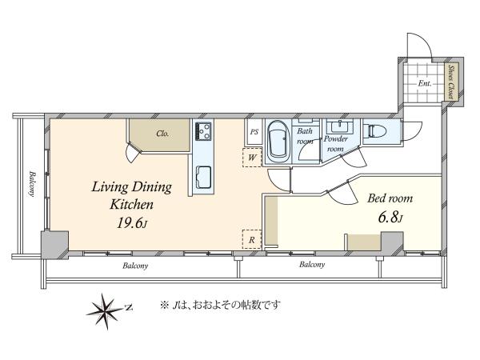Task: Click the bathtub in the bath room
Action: coord(278,142)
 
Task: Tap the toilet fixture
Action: coord(374,131)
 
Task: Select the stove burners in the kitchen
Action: coord(203,131)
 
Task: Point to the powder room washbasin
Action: coord(339,126)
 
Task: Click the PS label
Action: coord(254,132)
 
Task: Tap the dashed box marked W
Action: coord(252,158)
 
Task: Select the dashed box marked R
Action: coord(252,239)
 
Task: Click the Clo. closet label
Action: coord(162,134)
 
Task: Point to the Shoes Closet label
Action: coord(451,82)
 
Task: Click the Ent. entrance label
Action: coord(425,83)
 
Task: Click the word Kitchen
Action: coord(132,205)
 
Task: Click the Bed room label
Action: coord(390,198)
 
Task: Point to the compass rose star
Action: coord(106,310)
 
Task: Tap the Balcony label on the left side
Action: coord(33,184)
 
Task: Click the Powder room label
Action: coord(335,144)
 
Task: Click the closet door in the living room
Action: coord(133,154)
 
